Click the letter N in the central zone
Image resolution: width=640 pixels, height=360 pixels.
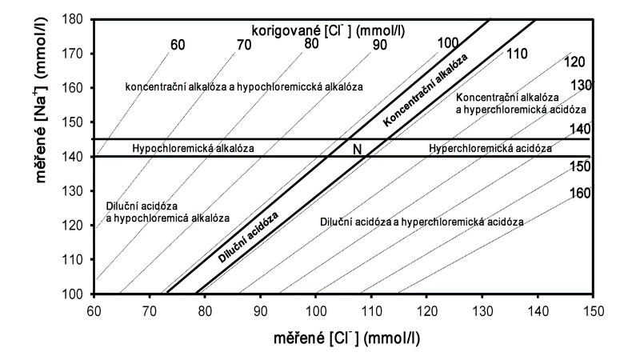point(358,149)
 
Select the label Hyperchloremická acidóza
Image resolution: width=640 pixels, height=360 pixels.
point(490,149)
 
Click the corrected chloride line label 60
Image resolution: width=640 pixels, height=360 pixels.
point(178,43)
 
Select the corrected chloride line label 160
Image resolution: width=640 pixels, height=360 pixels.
point(580,193)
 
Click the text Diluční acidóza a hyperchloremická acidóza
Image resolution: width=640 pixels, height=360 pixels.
point(422,222)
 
